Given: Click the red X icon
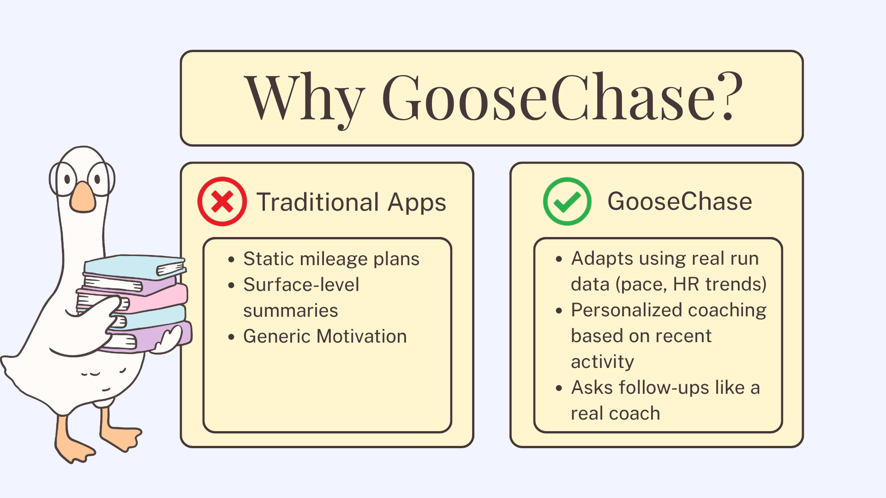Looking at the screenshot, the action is tap(222, 202).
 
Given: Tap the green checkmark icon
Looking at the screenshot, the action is tap(567, 202).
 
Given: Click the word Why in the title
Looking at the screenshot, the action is tap(304, 98).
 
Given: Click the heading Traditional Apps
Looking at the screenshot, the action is tap(351, 202).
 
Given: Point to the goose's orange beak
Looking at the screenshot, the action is tap(83, 197).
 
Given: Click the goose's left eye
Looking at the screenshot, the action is tap(67, 179).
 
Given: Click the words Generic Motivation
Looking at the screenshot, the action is tap(325, 336).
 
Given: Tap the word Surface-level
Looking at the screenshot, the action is tap(301, 285).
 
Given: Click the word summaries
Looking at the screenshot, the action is tap(291, 310).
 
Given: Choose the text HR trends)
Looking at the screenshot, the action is tap(719, 284).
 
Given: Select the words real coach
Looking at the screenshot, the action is tap(616, 414).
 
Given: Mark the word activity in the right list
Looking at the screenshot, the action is tap(602, 362).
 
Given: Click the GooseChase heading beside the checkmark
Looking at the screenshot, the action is tap(680, 202).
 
